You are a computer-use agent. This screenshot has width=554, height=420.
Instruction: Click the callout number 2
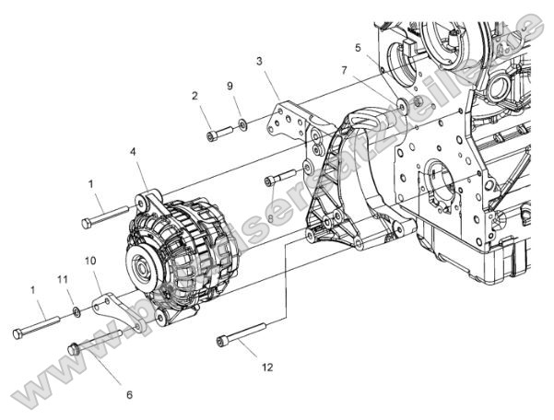pos(195,96)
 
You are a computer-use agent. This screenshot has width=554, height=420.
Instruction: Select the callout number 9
pos(230,86)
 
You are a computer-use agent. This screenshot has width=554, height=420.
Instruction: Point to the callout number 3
pos(261,61)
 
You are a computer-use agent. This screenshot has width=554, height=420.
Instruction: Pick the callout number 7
pos(345,70)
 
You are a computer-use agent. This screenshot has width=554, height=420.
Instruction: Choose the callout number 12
pos(267,367)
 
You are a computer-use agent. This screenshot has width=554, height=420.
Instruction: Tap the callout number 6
pos(129,394)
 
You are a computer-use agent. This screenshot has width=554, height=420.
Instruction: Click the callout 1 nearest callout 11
pos(33,289)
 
